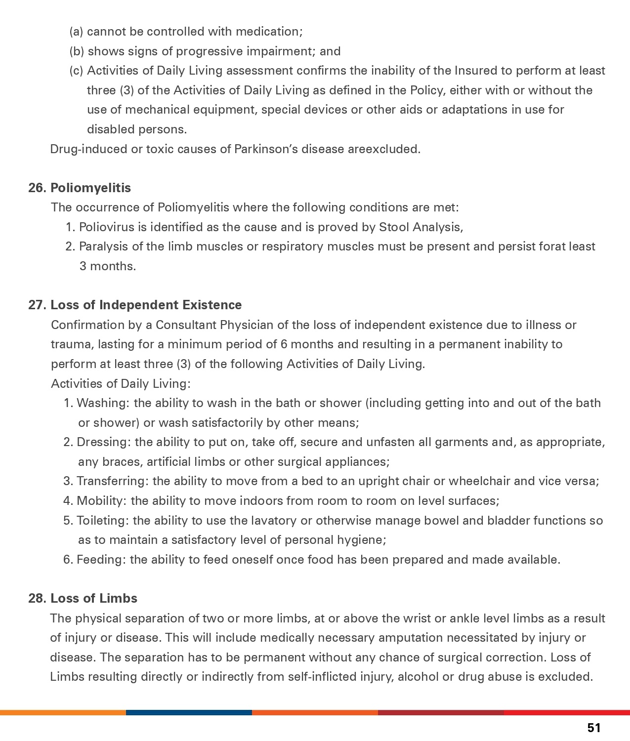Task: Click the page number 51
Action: click(x=594, y=728)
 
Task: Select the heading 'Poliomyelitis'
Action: click(x=90, y=188)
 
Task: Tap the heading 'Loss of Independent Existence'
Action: click(x=146, y=305)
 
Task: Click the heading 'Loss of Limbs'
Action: click(x=94, y=598)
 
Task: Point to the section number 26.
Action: click(x=38, y=188)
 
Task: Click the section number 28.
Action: click(x=38, y=598)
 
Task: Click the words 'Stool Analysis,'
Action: click(x=421, y=227)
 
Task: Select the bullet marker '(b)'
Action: click(x=77, y=51)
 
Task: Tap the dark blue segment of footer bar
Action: click(x=189, y=712)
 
